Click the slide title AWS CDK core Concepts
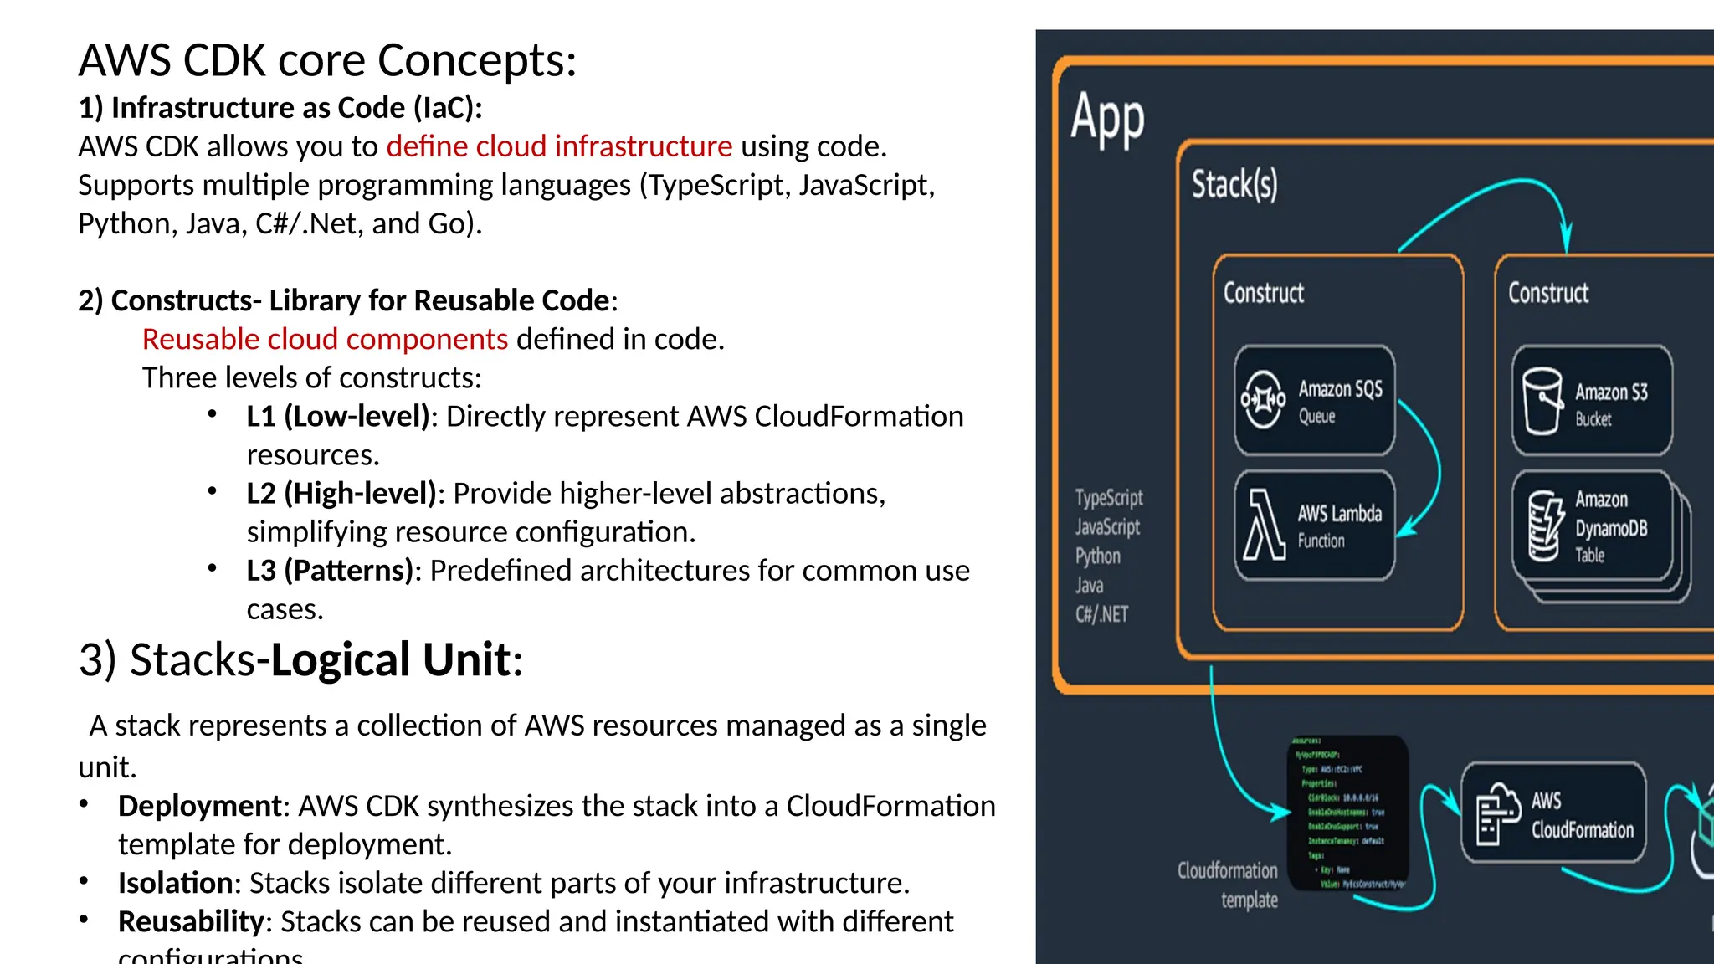[x=327, y=60]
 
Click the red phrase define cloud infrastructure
[x=558, y=146]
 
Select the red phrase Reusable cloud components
[x=325, y=339]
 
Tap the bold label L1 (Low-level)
[x=337, y=416]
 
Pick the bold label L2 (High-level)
[x=341, y=493]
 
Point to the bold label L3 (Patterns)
[x=330, y=570]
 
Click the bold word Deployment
[x=199, y=805]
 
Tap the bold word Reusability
[x=191, y=920]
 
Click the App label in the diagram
[x=1107, y=118]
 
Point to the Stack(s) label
[x=1234, y=184]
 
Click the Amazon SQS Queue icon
[x=1263, y=399]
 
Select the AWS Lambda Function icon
[x=1263, y=526]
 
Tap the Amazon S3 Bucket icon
[x=1542, y=401]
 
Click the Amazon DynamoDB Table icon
[x=1544, y=526]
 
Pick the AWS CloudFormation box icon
[x=1497, y=813]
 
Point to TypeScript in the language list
[x=1109, y=498]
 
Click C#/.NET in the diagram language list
[x=1101, y=614]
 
